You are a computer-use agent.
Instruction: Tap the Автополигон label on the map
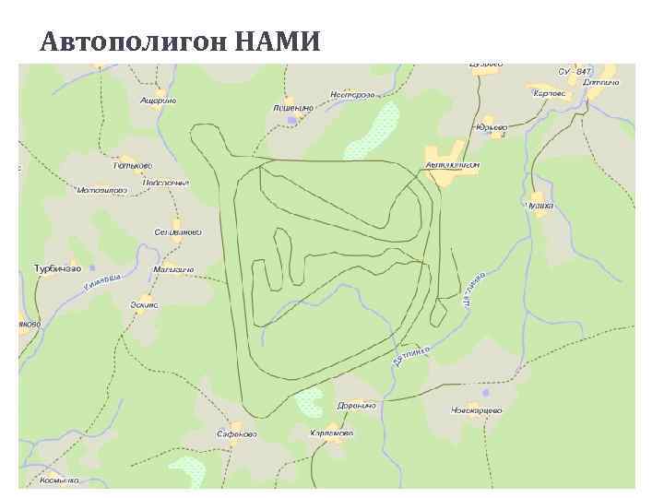coord(453,165)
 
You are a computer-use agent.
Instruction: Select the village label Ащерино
coord(158,100)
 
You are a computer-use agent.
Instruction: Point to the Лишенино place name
coord(293,107)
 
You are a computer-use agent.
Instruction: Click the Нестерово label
coord(352,94)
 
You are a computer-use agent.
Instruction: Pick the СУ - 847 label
coord(575,71)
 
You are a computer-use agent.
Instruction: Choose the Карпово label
coord(549,92)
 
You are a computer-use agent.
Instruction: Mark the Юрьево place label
coord(492,126)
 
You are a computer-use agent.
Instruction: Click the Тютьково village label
coord(132,166)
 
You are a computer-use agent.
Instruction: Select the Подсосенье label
coord(166,183)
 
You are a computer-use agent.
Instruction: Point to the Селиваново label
coord(178,232)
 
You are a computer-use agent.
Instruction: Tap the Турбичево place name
coord(57,268)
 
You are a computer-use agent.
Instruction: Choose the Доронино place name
coord(356,406)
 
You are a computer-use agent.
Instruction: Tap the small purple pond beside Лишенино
coord(292,120)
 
